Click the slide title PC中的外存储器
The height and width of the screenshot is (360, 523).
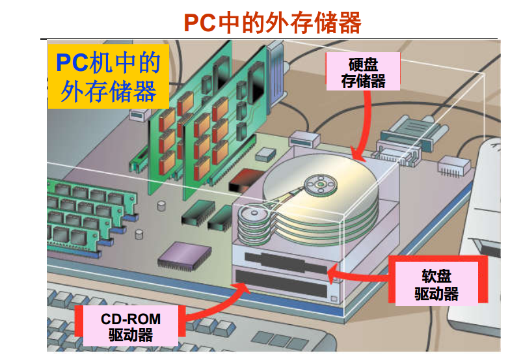(272, 23)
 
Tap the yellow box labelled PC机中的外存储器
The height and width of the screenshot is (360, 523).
(108, 76)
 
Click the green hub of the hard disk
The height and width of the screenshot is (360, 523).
(321, 184)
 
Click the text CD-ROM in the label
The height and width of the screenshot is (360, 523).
(130, 320)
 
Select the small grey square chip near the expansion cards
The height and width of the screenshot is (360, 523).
(265, 154)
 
